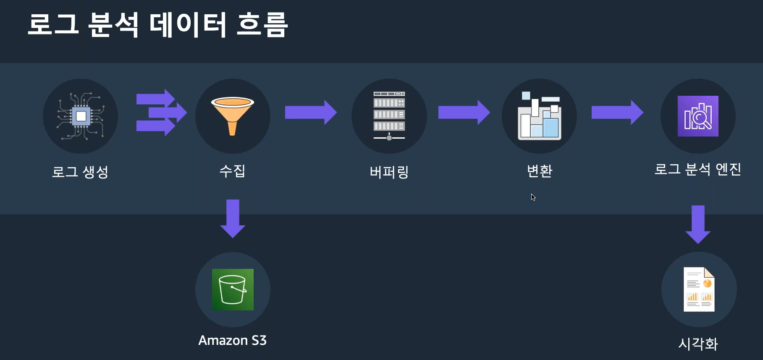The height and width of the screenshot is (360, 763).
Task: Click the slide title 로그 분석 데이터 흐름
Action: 157,25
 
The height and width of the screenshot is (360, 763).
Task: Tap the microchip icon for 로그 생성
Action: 81,116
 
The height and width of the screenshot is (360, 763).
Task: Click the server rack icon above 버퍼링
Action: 389,116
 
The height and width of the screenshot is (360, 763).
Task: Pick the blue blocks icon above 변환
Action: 540,116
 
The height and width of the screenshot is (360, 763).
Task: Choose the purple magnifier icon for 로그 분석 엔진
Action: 698,116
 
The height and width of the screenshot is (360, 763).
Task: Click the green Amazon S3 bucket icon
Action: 233,289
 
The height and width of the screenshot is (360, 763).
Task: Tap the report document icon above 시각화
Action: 699,289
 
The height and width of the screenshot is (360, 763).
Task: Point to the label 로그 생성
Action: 80,171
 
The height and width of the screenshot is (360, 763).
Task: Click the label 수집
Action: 232,171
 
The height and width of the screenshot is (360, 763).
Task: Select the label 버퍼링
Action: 389,172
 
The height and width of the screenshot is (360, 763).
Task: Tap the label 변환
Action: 540,171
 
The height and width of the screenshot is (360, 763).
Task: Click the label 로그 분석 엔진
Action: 697,169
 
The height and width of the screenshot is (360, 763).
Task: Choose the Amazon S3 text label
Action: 232,340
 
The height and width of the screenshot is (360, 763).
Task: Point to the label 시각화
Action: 698,344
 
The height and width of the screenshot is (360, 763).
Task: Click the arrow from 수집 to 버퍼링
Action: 311,112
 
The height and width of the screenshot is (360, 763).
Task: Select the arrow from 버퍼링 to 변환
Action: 464,112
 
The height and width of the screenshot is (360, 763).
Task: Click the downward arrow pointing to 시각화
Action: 698,224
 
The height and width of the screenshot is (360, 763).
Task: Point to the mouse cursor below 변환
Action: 533,197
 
